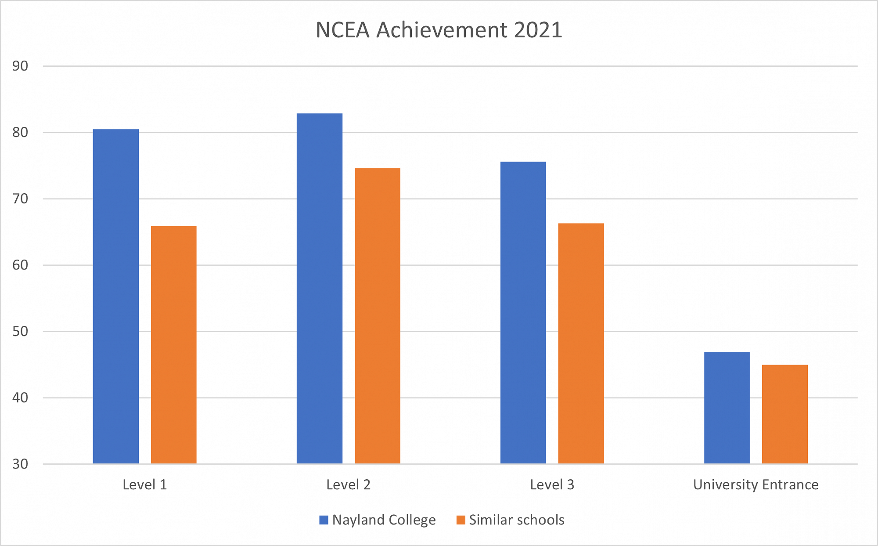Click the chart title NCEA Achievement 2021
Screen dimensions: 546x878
[439, 30]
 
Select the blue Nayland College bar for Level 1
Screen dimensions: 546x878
[116, 297]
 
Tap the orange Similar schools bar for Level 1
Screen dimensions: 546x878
[174, 345]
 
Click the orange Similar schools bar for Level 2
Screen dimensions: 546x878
[378, 316]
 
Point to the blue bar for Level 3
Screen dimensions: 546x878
[523, 313]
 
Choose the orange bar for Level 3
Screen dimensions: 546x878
[581, 344]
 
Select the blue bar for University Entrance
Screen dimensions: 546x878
[727, 408]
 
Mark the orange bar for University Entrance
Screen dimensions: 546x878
[785, 414]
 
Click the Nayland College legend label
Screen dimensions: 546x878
[384, 520]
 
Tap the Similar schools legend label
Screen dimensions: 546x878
[517, 520]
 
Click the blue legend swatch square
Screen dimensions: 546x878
[324, 520]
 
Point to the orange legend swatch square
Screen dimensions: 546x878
[461, 520]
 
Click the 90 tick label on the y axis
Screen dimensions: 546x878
[20, 66]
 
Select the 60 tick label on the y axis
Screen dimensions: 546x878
[20, 265]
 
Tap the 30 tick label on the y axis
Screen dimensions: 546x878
[20, 464]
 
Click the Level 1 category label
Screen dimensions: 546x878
[145, 485]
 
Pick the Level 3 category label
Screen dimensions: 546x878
[552, 485]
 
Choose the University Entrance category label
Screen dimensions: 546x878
[756, 485]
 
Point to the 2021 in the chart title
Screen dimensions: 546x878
[538, 30]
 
